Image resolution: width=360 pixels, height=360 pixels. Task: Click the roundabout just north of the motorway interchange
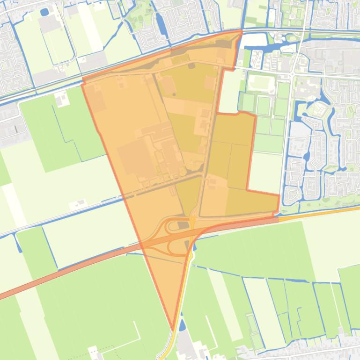point(192,218)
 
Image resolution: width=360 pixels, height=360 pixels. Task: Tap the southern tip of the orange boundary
point(173,329)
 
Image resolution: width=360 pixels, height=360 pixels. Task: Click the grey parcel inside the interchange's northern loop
point(182,225)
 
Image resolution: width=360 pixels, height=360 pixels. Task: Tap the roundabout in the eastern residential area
point(292,73)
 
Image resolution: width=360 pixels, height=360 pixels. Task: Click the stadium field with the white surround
point(261,83)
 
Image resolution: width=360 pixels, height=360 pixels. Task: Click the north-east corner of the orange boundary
point(242,31)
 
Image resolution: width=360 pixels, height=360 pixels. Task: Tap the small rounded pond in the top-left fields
point(44,12)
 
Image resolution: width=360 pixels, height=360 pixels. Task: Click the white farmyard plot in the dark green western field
point(61,99)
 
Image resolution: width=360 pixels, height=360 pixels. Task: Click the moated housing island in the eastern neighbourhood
point(318,110)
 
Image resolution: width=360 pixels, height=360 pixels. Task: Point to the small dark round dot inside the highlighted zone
point(174,94)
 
